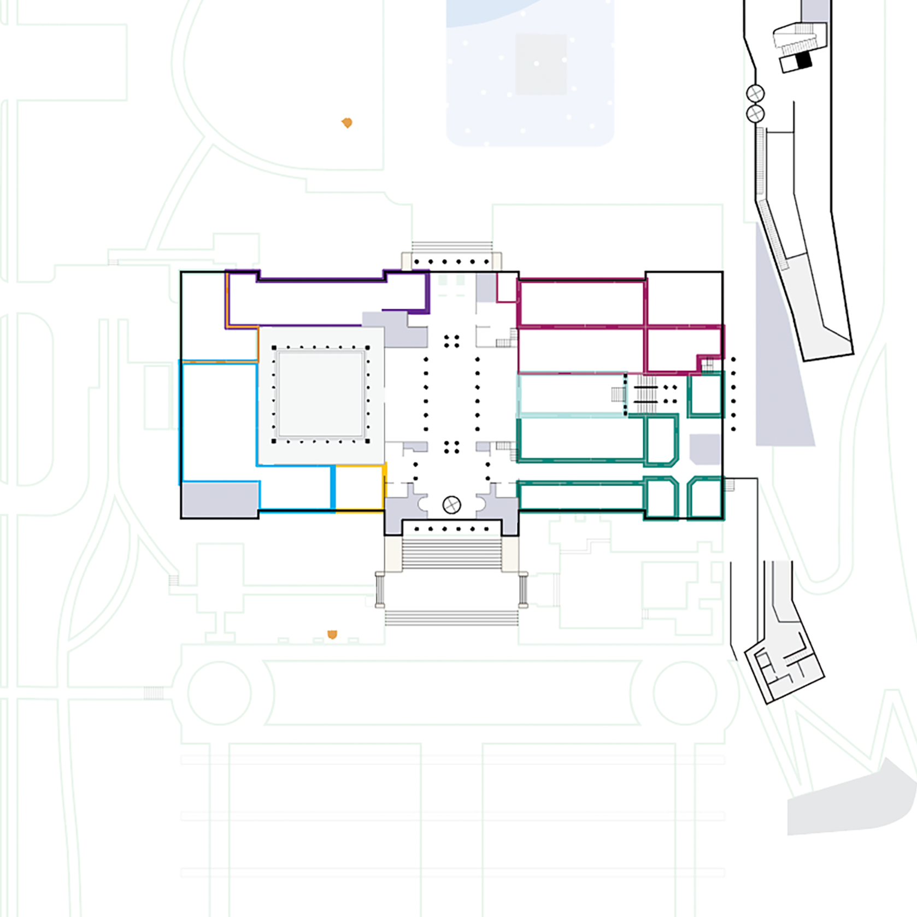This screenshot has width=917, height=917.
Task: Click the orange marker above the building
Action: (x=346, y=122)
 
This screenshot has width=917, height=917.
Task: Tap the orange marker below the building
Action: (x=332, y=634)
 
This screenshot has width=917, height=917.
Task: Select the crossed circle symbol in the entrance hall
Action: (x=451, y=505)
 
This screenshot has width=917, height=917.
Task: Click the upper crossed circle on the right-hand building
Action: (x=755, y=93)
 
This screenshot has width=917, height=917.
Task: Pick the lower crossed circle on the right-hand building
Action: (x=755, y=114)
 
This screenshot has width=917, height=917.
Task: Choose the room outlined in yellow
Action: (x=358, y=488)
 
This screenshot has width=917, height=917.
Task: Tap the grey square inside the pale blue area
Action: (x=541, y=64)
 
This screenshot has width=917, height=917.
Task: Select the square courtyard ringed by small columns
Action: (x=321, y=394)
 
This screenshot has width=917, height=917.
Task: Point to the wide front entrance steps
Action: (x=451, y=553)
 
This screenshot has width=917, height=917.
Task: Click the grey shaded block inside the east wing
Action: (x=704, y=449)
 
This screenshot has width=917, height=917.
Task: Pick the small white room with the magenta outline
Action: (x=507, y=288)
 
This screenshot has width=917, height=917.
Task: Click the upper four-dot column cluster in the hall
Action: (x=451, y=342)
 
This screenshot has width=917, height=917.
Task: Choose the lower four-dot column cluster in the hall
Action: (x=451, y=448)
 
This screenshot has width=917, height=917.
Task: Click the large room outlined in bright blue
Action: (x=219, y=421)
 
